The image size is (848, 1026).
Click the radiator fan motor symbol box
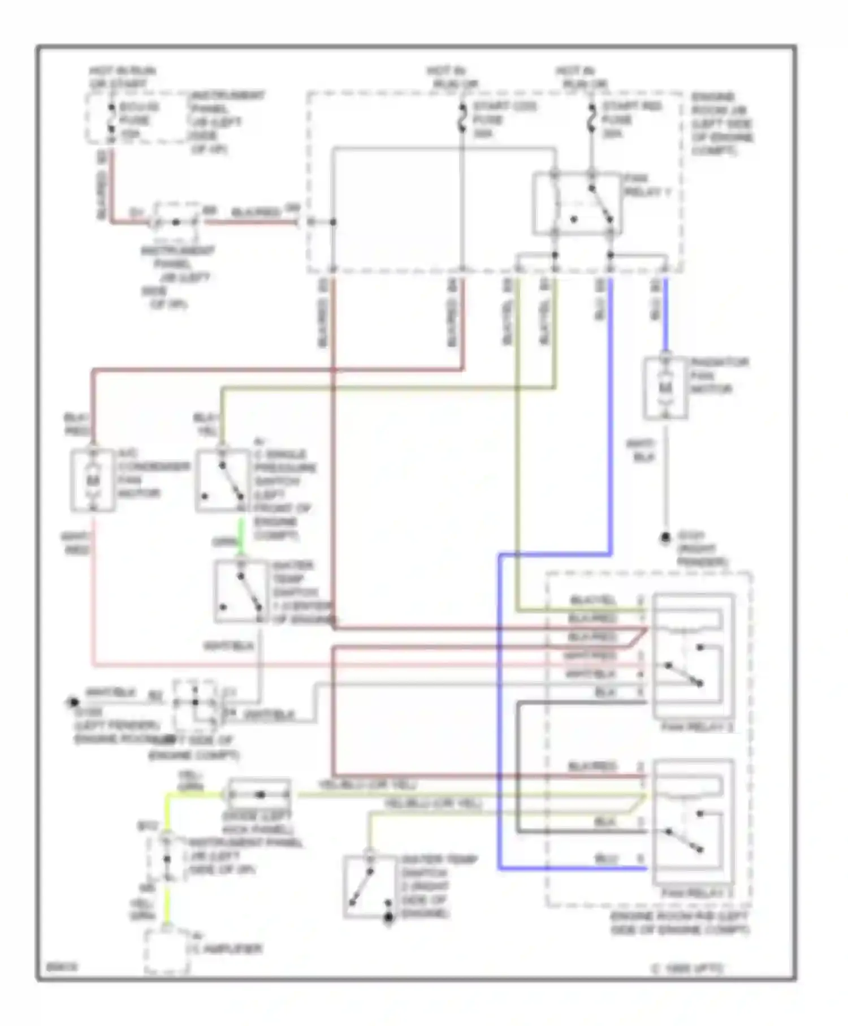(x=665, y=389)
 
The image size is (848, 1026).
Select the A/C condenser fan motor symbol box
(x=93, y=481)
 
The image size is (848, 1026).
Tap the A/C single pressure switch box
(x=223, y=481)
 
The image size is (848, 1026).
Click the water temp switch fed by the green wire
(x=241, y=592)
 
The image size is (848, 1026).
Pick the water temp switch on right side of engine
(x=369, y=887)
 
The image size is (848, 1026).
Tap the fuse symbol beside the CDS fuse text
(x=462, y=120)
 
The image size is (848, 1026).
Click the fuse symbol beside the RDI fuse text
(x=591, y=120)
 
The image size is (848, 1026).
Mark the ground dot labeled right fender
(x=666, y=537)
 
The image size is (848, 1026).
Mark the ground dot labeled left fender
(x=73, y=702)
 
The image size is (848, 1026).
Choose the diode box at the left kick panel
(x=259, y=794)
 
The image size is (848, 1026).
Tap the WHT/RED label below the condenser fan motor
(x=76, y=543)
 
